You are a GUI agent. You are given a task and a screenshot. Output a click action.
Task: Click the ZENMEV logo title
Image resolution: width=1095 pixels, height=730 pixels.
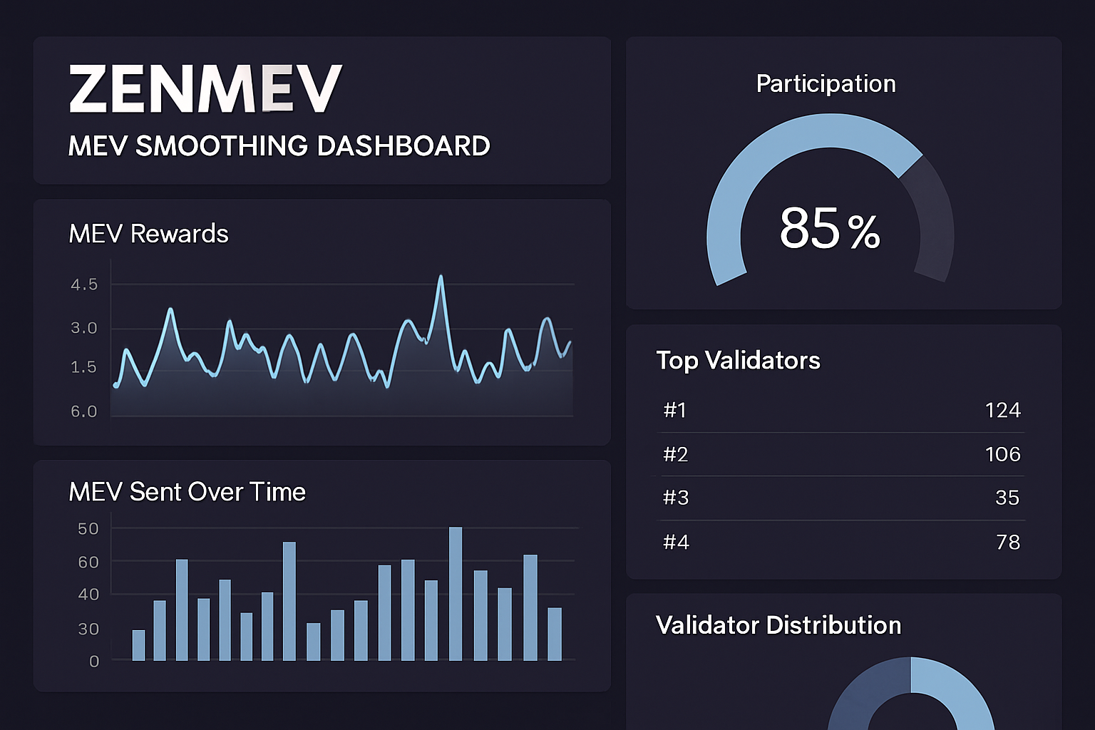pos(205,89)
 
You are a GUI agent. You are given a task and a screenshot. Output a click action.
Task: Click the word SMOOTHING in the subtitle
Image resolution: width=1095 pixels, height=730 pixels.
pos(222,146)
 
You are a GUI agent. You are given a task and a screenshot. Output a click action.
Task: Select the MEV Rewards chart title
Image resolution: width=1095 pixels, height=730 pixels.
pos(148,234)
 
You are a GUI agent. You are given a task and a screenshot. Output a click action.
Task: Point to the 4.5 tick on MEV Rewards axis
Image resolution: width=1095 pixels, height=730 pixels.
pos(84,284)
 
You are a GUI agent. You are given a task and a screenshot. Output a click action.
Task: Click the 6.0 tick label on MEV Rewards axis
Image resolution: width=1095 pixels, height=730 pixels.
pos(83,411)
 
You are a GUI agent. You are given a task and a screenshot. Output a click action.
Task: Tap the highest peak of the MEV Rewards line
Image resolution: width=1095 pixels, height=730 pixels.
pos(441,277)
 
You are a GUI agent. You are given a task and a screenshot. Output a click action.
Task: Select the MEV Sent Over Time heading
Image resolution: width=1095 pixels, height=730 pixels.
pos(187,492)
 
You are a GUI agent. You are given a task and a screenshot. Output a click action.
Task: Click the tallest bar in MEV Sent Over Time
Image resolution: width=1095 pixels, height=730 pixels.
pos(456,593)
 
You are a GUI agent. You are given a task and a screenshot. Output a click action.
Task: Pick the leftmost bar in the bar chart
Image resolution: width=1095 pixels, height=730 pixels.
pos(138,645)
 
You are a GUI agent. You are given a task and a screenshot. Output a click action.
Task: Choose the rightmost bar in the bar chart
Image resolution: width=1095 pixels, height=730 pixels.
pos(555,634)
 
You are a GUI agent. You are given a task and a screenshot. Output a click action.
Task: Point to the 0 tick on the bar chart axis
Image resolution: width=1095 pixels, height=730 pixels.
pos(94,662)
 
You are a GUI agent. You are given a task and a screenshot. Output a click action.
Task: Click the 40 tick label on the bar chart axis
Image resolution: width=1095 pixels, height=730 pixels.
pos(88,594)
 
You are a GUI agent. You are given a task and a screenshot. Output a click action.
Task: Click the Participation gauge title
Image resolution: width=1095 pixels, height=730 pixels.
pos(826,84)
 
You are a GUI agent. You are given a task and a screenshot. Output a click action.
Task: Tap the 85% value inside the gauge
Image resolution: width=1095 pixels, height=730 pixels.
pos(829,229)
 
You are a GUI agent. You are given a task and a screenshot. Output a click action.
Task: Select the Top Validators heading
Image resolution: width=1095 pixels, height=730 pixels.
pos(738,361)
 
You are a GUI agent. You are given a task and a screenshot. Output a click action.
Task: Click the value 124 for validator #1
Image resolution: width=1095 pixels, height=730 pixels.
pos(1002,411)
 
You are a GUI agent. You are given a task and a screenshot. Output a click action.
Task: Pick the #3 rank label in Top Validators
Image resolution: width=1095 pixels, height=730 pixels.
pos(676,498)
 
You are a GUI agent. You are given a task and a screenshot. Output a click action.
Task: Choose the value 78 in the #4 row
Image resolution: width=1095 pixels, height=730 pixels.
pos(1008,543)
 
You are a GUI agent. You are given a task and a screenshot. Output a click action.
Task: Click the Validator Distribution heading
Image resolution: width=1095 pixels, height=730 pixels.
pos(778,625)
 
